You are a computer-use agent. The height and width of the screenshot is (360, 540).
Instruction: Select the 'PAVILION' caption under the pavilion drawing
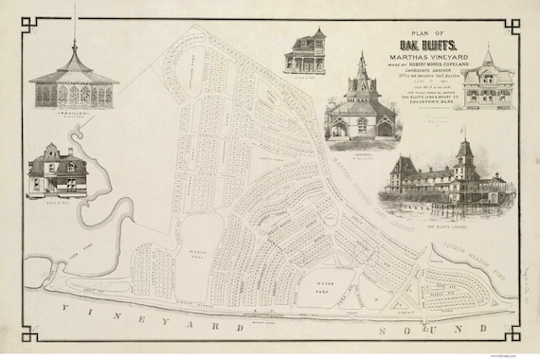tap(73, 111)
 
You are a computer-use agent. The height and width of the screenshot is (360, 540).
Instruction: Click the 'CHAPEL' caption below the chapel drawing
tap(360, 146)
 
